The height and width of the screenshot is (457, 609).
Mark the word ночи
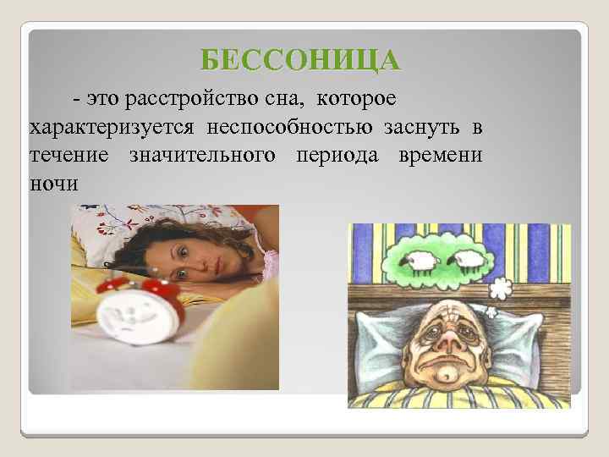[x=53, y=182]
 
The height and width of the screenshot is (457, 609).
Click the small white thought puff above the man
[x=502, y=289]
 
